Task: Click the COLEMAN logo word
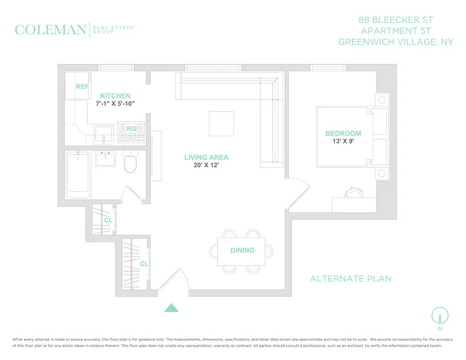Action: [50, 30]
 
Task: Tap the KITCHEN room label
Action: [115, 96]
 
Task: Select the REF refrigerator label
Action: [82, 86]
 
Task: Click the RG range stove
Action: [131, 132]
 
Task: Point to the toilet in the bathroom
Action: [130, 163]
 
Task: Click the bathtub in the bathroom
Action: [78, 177]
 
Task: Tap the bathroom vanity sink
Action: [107, 158]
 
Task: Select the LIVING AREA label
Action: [206, 157]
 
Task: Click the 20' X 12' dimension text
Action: [206, 165]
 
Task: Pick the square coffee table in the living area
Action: [222, 123]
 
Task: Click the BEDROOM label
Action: [343, 133]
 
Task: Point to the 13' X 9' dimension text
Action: [343, 141]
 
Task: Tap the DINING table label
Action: [242, 250]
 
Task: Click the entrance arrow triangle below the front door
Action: [171, 308]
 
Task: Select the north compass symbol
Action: [440, 315]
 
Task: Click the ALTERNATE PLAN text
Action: [351, 279]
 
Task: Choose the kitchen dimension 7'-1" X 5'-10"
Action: [115, 103]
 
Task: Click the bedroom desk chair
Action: [351, 192]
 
